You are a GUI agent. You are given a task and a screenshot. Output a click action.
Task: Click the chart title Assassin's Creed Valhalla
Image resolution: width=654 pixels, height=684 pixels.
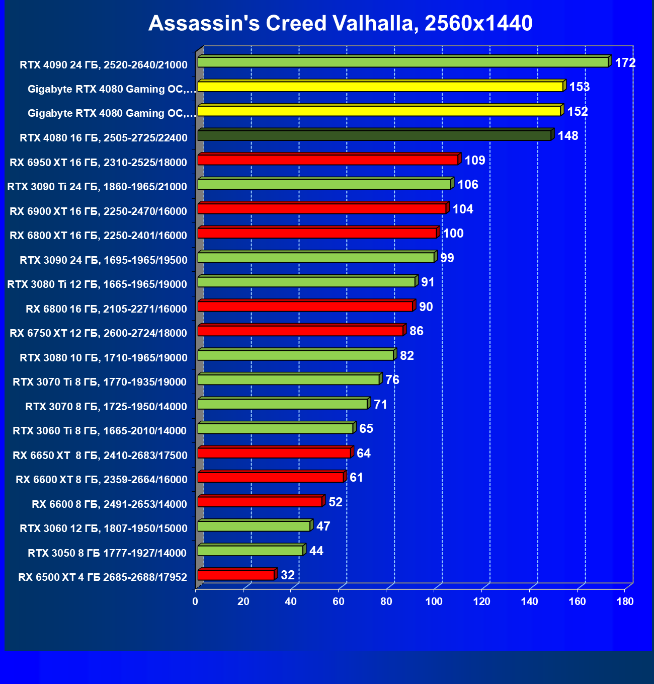(x=340, y=24)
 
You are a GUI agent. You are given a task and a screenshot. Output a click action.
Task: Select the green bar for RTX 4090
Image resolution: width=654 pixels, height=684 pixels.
(x=402, y=62)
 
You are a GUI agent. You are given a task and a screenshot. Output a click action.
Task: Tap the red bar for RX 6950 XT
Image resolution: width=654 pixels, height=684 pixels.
(x=328, y=160)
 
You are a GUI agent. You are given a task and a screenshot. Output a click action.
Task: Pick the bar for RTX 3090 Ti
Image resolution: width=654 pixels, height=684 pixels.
(x=324, y=184)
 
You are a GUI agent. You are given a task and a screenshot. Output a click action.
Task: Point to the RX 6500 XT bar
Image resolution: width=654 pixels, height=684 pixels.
(x=235, y=575)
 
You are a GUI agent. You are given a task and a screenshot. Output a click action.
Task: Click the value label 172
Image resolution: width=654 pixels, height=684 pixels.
(x=625, y=63)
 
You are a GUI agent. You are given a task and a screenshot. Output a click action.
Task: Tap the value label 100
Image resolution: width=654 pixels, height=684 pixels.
(x=453, y=234)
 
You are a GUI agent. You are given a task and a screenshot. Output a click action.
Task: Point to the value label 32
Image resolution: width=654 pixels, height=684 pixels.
(x=288, y=575)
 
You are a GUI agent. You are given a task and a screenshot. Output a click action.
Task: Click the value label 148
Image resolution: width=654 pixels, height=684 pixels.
(x=568, y=136)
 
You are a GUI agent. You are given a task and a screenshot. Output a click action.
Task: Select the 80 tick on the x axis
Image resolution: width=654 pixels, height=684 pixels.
(x=386, y=601)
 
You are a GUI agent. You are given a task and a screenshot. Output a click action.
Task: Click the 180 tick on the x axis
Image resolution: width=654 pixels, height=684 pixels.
(x=625, y=601)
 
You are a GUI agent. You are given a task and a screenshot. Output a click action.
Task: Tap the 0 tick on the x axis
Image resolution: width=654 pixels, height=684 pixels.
(x=195, y=601)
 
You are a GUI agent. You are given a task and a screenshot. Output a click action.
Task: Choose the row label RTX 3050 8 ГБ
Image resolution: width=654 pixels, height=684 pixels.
(x=107, y=553)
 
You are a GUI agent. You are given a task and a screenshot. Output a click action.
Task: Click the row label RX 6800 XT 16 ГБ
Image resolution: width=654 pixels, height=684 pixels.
(x=98, y=236)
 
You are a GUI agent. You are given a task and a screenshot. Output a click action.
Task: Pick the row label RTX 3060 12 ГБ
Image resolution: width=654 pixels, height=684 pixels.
(x=103, y=528)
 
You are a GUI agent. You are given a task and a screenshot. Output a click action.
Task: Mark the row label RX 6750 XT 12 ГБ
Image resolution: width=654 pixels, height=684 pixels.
(x=98, y=333)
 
